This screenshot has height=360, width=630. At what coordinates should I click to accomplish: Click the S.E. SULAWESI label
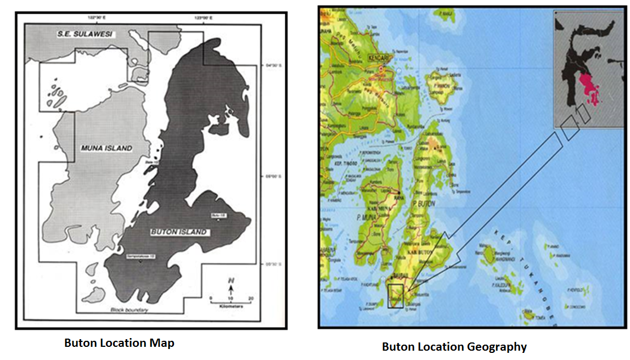pos(85,35)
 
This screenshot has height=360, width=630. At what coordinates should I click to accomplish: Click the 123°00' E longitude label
pos(203,19)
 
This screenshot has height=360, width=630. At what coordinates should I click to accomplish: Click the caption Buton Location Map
pos(119,344)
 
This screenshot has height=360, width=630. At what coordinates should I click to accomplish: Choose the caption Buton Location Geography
pos(454,347)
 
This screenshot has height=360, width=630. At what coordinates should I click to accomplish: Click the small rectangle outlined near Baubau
pos(395,296)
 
